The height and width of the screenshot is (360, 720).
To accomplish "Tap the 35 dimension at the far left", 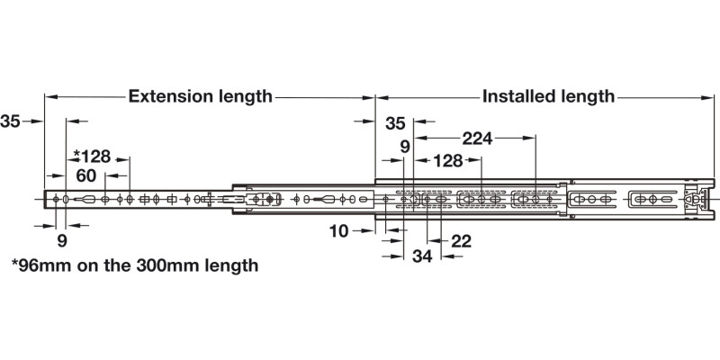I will tap(12, 121).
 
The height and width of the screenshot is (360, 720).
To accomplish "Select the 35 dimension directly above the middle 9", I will tap(396, 123).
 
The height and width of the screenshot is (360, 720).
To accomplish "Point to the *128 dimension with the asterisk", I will tap(92, 157).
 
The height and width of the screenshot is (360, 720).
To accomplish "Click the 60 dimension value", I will tap(86, 175).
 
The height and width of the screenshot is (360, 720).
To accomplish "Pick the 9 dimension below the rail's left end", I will tap(61, 240).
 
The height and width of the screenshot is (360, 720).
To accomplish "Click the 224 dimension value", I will tap(477, 139).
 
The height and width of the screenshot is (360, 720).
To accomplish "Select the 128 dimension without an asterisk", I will tap(447, 161).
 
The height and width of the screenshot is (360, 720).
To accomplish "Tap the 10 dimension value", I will tap(338, 231).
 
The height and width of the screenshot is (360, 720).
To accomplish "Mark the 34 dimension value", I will tap(422, 256).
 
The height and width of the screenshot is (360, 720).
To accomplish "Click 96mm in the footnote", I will tap(45, 265).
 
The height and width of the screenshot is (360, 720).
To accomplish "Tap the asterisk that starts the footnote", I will tap(14, 264).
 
